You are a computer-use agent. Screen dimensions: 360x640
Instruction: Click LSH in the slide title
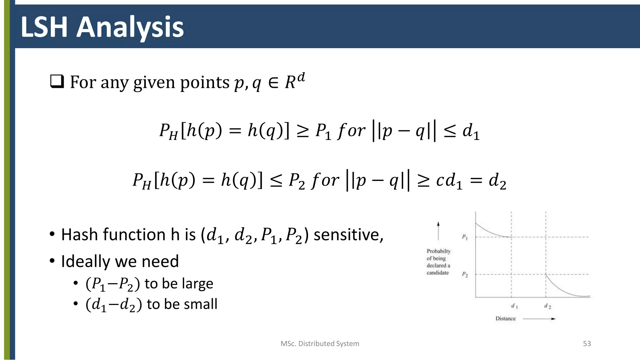(x=44, y=27)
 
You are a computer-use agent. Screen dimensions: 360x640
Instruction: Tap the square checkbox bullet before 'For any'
(x=57, y=82)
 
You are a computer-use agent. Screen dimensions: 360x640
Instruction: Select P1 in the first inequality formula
(x=323, y=131)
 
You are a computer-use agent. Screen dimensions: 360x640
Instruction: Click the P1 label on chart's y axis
(x=465, y=237)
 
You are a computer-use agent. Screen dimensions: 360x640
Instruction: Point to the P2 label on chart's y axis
(x=465, y=275)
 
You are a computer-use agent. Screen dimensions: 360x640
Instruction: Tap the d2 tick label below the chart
(x=547, y=306)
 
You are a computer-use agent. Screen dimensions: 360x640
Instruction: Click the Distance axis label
(x=505, y=318)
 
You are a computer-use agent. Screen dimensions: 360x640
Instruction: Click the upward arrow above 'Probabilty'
(x=438, y=231)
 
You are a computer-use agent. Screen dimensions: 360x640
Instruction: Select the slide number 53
(x=587, y=344)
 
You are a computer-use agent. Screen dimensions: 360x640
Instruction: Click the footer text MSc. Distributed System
(x=320, y=344)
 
